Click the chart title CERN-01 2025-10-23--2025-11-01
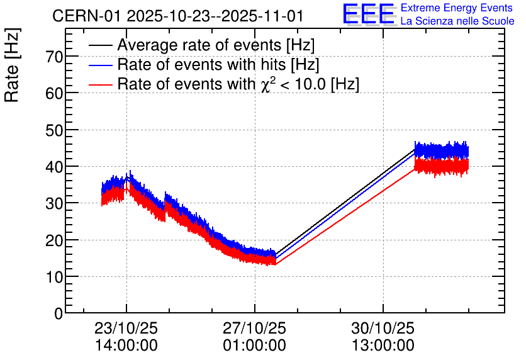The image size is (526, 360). coord(178,16)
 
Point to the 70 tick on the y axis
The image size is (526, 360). coord(55,57)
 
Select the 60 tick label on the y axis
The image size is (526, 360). coord(55,93)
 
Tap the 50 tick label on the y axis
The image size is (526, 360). coord(55,130)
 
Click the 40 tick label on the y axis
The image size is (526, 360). coord(55,167)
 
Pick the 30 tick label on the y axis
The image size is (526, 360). coord(55,203)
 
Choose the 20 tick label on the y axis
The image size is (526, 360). coord(55,240)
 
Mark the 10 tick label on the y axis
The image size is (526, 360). coord(55,277)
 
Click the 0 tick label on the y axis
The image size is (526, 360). coord(59,313)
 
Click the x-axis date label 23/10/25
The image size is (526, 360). coord(126,329)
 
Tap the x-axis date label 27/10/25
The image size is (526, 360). coord(254,329)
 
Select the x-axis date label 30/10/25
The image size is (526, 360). coord(383,329)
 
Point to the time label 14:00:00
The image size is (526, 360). coord(126,346)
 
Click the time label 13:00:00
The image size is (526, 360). coord(383,346)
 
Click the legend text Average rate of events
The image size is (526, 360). coord(216,45)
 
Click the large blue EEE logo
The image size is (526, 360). coord(369,14)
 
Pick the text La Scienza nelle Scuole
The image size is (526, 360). coord(457,21)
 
